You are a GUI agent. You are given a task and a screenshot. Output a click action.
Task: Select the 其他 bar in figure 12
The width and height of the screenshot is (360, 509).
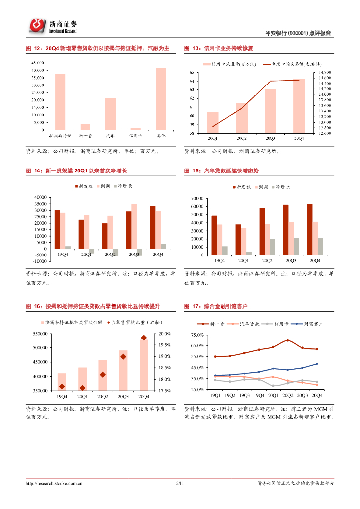pos(161,99)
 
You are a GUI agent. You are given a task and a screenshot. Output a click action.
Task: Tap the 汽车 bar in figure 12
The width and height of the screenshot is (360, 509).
pos(110,114)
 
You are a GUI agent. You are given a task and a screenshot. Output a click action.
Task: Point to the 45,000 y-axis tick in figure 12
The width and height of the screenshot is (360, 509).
pos(38,63)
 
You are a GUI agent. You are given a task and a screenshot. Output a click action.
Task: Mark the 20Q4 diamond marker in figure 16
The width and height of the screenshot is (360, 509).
pos(144,338)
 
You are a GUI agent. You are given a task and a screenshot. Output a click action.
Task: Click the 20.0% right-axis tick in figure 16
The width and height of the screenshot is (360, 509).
pos(165,334)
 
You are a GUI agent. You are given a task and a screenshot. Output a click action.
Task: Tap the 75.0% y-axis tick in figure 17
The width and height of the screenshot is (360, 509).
pos(196,335)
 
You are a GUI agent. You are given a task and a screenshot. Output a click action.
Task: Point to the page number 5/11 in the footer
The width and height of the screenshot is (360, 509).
pos(180,483)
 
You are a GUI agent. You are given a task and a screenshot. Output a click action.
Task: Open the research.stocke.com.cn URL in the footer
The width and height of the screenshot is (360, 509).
pos(54,483)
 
